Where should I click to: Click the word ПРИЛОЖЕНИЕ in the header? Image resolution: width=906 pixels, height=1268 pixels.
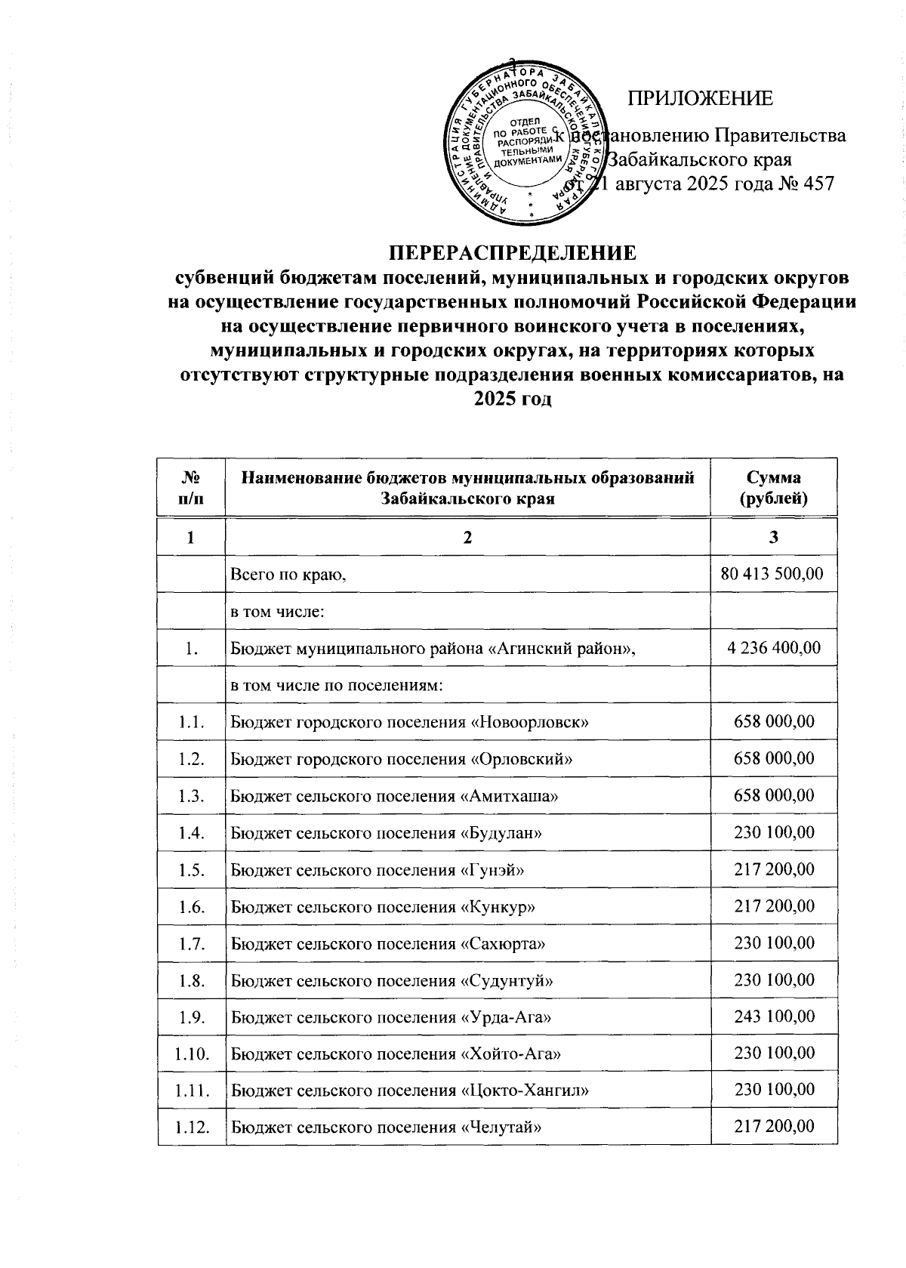[x=701, y=98]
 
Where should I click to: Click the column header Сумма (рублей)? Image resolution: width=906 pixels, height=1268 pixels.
[x=774, y=488]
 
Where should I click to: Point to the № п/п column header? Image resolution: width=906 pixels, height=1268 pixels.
[x=191, y=488]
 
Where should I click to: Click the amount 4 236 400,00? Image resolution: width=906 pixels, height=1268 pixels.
[x=774, y=648]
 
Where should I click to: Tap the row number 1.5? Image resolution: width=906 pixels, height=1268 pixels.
[x=191, y=870]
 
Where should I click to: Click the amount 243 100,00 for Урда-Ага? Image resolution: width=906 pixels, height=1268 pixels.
[x=774, y=1017]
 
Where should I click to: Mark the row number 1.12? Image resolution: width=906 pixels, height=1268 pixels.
[x=191, y=1128]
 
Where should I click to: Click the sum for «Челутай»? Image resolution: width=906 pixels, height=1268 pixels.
[x=774, y=1128]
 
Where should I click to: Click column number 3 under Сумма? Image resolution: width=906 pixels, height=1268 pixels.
[x=774, y=537]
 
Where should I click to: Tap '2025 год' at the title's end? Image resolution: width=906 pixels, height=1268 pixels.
[x=512, y=398]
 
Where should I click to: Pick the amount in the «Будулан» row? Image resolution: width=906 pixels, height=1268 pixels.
[x=774, y=832]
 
